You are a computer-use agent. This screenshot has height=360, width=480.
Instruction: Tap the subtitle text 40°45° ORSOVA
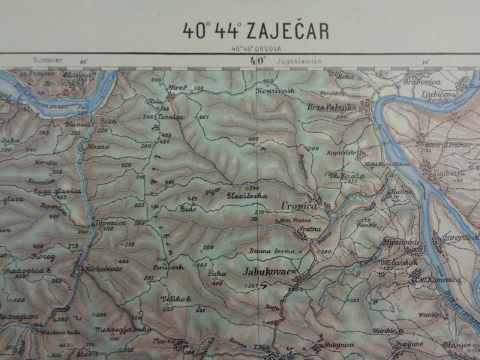pyautogui.click(x=256, y=49)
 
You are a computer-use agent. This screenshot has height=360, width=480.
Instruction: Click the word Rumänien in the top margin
pyautogui.click(x=46, y=59)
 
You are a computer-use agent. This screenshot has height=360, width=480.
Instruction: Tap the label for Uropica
pyautogui.click(x=299, y=205)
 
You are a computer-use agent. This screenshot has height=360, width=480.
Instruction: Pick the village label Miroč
pyautogui.click(x=177, y=88)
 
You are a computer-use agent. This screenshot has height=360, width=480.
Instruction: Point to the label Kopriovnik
pyautogui.click(x=275, y=90)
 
